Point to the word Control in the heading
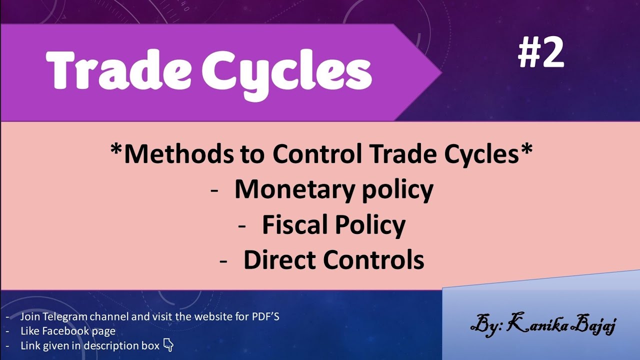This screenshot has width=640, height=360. (x=317, y=153)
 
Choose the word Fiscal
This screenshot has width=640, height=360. (x=295, y=225)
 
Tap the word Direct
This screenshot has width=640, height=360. (x=279, y=260)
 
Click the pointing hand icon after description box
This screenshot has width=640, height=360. (x=168, y=345)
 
